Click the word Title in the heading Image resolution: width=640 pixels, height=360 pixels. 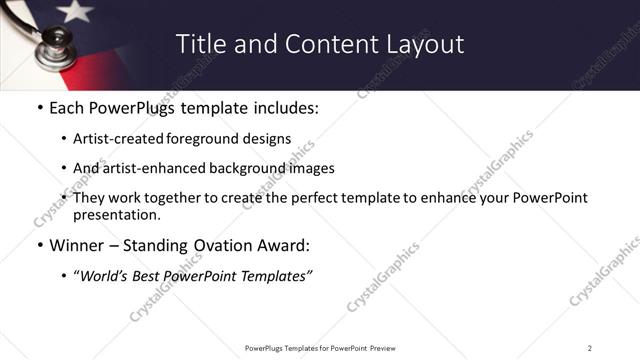tap(200, 44)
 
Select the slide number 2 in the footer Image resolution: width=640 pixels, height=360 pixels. tap(590, 347)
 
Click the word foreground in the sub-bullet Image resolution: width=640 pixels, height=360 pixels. tap(203, 139)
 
